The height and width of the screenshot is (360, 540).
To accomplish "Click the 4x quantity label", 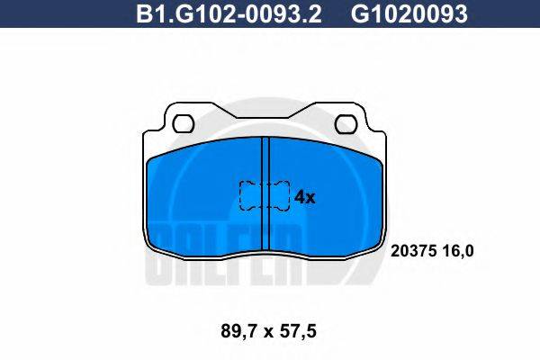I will coord(305,197).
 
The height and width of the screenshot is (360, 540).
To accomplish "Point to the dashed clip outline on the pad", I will coord(264,195).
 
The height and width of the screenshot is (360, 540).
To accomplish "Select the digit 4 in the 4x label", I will coord(300,197).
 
